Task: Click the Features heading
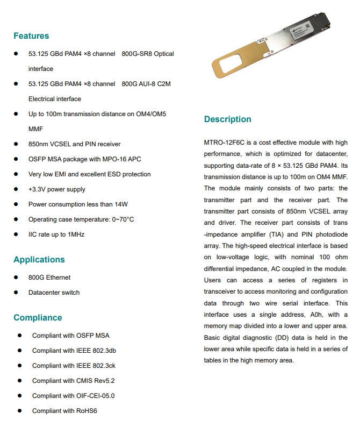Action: [31, 36]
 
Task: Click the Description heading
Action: [227, 119]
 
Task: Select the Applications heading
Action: [39, 260]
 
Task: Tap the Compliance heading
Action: [38, 318]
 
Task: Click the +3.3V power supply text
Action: [57, 189]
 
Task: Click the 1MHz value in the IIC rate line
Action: [75, 234]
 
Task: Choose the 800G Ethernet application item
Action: [49, 278]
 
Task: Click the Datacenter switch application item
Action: [54, 293]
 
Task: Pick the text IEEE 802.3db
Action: [96, 351]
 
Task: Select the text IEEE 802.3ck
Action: [96, 366]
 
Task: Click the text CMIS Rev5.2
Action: [95, 381]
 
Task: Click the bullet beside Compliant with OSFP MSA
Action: [19, 336]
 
